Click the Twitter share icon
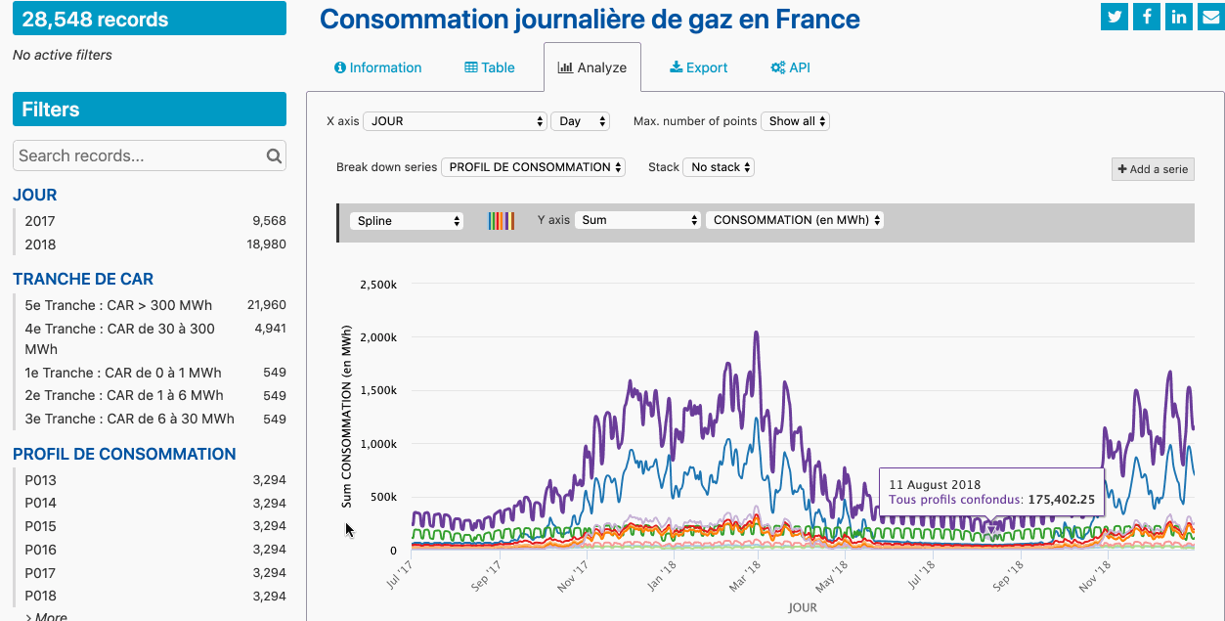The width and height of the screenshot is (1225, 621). (x=1115, y=17)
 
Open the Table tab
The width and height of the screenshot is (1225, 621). (x=490, y=67)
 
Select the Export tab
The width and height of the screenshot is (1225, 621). (x=698, y=67)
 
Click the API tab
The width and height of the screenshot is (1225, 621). (x=790, y=67)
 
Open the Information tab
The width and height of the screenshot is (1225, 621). (x=377, y=67)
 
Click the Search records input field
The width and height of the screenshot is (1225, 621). (x=140, y=155)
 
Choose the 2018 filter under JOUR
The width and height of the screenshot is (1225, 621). (x=41, y=244)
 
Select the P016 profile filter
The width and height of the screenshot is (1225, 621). (x=41, y=550)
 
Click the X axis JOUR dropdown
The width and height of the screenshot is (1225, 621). (x=455, y=121)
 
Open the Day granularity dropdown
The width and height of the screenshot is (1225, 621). (x=581, y=121)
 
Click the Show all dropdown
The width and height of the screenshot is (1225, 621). (x=795, y=121)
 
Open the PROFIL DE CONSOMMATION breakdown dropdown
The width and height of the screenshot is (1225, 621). (x=533, y=167)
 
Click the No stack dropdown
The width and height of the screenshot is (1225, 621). (x=719, y=167)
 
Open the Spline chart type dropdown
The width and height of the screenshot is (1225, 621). (x=407, y=221)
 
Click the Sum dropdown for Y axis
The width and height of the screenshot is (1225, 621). (x=637, y=220)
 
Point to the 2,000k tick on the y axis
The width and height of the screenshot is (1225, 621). (x=379, y=337)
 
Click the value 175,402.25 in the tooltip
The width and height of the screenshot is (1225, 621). (x=1060, y=500)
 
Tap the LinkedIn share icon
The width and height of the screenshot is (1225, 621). (x=1179, y=17)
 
